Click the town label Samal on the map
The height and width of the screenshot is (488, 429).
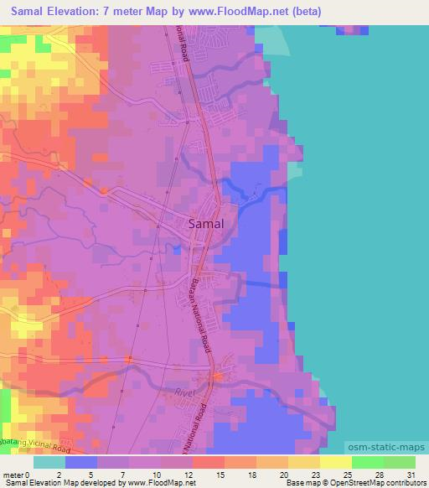[205, 224]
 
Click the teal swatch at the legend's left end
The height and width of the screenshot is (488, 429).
[49, 462]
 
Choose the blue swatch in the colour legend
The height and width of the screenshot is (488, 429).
[81, 462]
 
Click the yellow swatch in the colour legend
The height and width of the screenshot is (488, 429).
[336, 462]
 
